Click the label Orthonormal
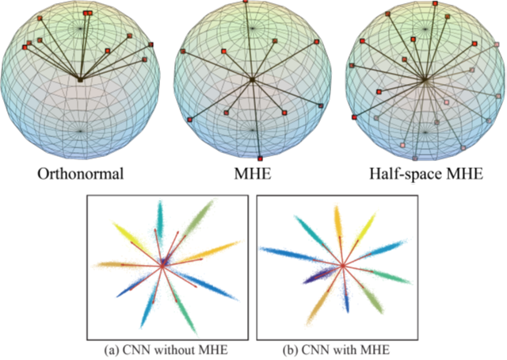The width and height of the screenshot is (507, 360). point(83,174)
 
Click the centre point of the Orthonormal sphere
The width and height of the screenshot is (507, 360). point(81,79)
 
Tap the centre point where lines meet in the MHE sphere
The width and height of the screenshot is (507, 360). point(253,79)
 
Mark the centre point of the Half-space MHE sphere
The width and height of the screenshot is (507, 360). point(425,79)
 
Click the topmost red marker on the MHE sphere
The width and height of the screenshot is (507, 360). point(246,2)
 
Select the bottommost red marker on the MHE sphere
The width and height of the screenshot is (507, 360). point(260,156)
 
